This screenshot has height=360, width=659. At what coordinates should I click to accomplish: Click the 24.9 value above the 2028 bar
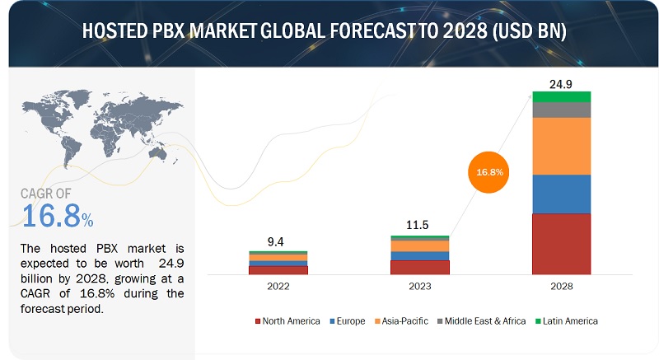click(x=562, y=82)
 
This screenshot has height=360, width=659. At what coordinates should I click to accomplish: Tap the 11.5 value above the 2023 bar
click(x=420, y=225)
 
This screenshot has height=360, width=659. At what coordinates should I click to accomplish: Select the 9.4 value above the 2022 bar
click(x=278, y=241)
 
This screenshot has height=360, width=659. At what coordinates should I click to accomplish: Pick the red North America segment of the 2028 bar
click(x=562, y=244)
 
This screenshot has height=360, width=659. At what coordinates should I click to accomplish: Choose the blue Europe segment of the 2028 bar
click(x=562, y=194)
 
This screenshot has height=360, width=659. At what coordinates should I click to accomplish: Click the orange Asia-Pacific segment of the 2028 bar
click(x=562, y=146)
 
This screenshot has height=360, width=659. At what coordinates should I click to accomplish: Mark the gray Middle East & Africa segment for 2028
click(x=562, y=110)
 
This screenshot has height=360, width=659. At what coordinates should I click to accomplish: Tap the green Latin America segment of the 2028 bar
click(x=562, y=96)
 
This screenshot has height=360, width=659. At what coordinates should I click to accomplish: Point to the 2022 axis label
click(x=278, y=286)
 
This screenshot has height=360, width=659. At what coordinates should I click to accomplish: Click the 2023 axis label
click(x=420, y=286)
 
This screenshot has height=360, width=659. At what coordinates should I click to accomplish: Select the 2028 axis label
click(x=562, y=286)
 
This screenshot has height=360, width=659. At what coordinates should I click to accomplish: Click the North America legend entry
click(x=287, y=320)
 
